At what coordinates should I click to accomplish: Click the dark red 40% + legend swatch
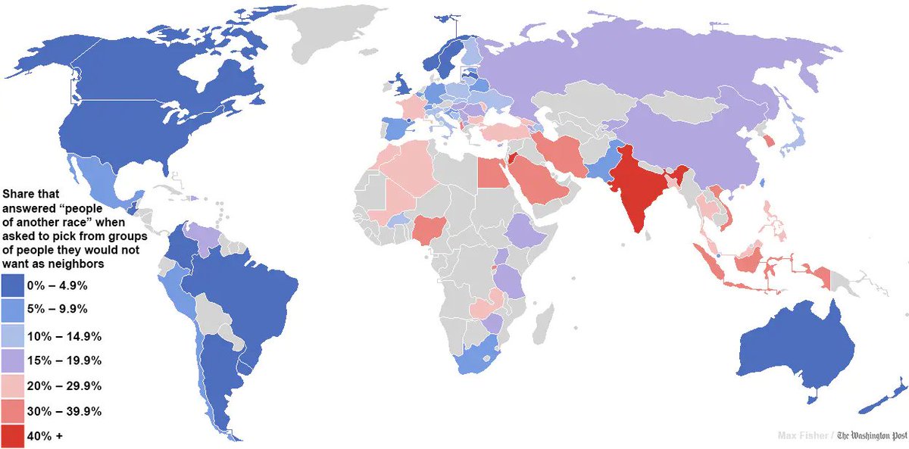[13, 437]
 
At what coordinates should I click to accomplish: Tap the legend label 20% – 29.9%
[64, 386]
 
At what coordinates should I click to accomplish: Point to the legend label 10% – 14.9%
[64, 335]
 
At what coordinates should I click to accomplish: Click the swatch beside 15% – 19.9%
[13, 360]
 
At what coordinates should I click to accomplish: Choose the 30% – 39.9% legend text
[64, 412]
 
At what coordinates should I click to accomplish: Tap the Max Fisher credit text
[804, 435]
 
